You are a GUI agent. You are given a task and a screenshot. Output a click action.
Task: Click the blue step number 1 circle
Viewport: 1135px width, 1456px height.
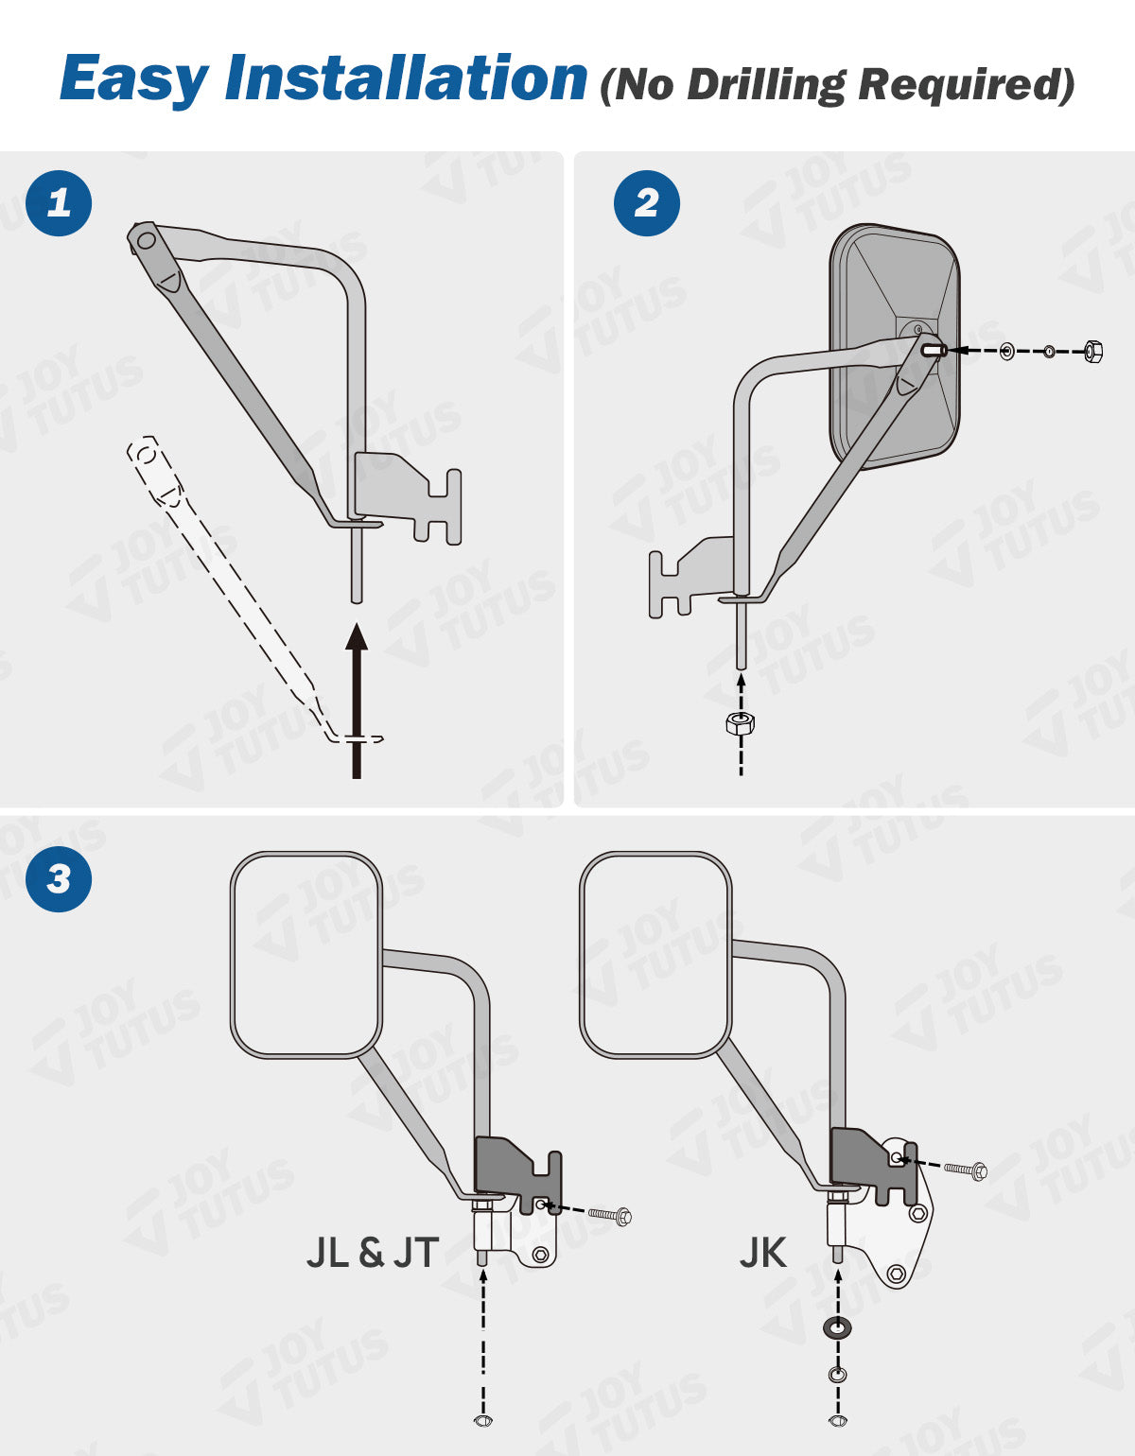(x=59, y=202)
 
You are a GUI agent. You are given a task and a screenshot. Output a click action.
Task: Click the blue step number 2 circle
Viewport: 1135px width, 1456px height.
(x=647, y=202)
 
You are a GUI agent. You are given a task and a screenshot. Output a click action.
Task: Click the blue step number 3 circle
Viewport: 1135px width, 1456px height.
(x=59, y=878)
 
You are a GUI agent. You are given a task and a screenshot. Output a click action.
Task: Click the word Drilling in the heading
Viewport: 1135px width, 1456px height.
(x=764, y=85)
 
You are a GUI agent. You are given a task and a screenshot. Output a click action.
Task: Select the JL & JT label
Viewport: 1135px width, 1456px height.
(x=373, y=1253)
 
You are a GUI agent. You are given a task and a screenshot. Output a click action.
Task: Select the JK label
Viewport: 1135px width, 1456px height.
(x=762, y=1253)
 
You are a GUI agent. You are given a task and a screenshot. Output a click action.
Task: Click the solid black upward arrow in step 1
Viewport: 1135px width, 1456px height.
(x=357, y=700)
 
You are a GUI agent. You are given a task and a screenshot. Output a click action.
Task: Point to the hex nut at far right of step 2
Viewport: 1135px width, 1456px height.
(x=1092, y=352)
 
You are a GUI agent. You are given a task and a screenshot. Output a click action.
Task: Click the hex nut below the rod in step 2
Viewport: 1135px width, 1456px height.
(x=741, y=724)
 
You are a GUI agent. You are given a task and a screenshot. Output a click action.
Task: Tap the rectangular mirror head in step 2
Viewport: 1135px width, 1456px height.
(x=894, y=345)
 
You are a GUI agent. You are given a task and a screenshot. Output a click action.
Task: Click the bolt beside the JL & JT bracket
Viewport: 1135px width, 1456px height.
(x=610, y=1215)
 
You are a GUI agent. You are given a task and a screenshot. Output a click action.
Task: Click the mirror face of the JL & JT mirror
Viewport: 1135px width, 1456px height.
(x=306, y=953)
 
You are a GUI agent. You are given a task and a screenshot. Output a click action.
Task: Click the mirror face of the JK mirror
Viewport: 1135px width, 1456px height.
(x=655, y=953)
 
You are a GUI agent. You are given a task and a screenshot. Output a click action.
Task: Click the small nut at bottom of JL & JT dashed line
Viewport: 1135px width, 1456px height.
(x=482, y=1420)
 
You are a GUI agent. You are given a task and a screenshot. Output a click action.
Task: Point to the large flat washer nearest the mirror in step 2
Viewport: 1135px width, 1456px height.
(x=1007, y=352)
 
